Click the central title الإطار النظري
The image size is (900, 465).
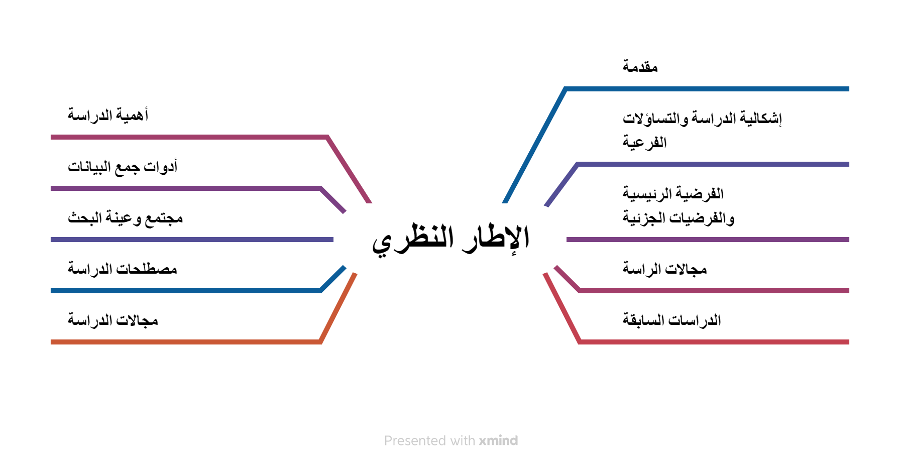point(451,239)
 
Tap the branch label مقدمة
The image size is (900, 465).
point(640,66)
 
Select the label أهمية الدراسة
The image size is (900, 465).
point(108,115)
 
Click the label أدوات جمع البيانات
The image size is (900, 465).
point(123,166)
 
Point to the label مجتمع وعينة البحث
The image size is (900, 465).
point(125,218)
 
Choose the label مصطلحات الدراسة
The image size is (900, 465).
point(123,269)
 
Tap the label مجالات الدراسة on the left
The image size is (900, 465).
point(113,320)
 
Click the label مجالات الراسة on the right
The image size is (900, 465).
point(664,269)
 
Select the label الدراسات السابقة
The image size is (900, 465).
point(672,319)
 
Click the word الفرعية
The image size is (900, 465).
point(645,143)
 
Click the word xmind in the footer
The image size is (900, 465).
point(498,440)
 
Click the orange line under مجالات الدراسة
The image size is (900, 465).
point(186,342)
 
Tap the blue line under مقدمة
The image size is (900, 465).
point(707,89)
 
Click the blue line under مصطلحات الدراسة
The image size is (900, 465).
point(186,291)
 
